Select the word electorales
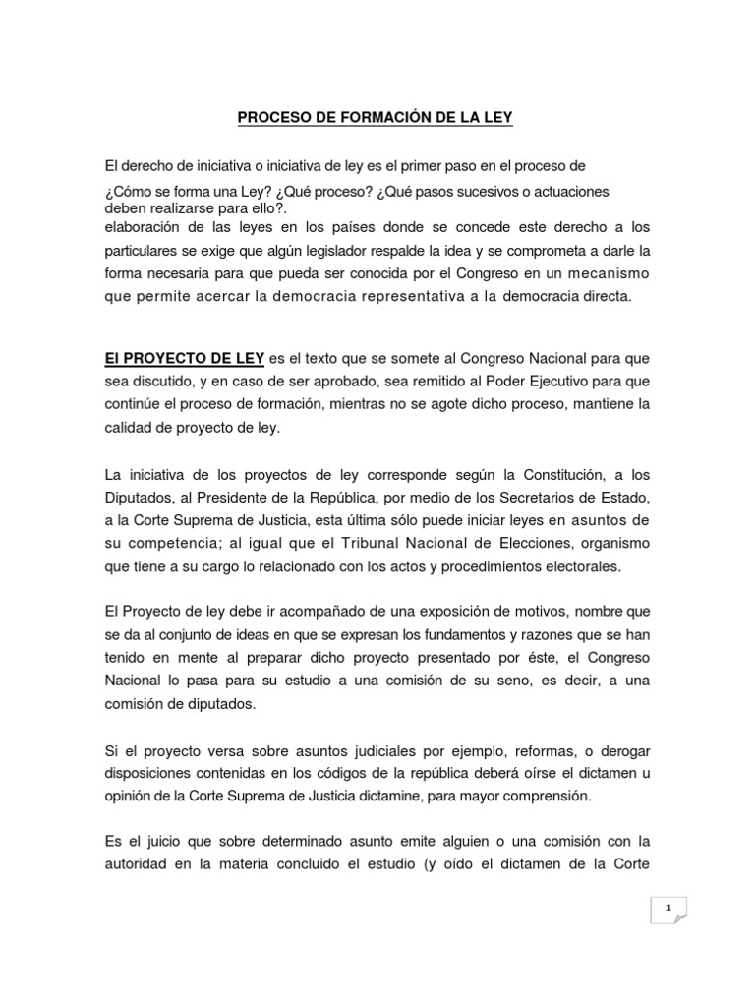click(x=578, y=566)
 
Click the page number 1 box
click(x=669, y=909)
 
